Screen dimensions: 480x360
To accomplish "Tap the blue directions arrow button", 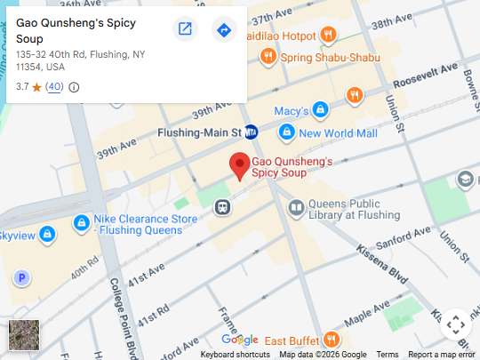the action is point(224,30).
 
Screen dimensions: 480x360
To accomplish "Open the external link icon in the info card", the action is point(185,29).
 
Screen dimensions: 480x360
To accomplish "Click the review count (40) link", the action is point(54,87).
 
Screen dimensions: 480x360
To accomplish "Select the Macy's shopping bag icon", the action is point(320,111).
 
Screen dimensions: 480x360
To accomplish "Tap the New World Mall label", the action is point(338,133).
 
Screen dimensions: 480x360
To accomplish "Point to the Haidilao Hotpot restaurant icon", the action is point(329,36).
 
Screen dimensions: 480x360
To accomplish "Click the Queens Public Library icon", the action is point(296,208).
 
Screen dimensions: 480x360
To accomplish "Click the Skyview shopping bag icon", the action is point(48,236).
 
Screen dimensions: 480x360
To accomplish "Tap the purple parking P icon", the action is point(22,278).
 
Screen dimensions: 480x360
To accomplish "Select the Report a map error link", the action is point(442,355).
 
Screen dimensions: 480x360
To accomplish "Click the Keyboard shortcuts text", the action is point(235,355).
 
